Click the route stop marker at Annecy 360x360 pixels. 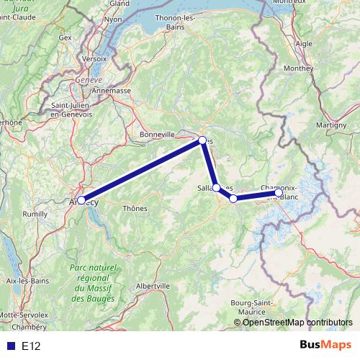(81, 199)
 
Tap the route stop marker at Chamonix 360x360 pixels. (279, 192)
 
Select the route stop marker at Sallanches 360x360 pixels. (217, 187)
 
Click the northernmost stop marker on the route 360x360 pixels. (202, 140)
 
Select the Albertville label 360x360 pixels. (153, 285)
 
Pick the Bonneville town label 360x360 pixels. (158, 134)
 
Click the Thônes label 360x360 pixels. (135, 208)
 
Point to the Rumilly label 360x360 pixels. (35, 214)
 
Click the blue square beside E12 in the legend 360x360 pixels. (10, 346)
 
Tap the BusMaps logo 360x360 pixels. (325, 345)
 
